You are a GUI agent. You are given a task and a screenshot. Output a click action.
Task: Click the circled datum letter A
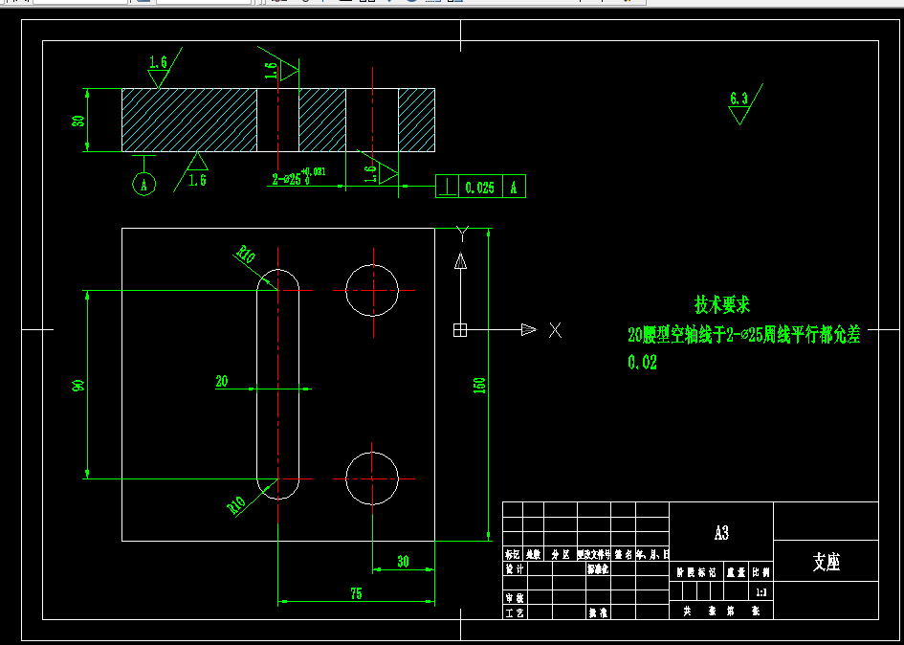point(143,185)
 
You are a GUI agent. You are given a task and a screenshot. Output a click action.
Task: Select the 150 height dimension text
point(480,385)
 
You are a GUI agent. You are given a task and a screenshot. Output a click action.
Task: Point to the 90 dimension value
point(79,385)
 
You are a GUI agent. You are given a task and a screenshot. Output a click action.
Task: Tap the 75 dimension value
point(356,593)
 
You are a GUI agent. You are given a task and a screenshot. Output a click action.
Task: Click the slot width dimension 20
point(222,381)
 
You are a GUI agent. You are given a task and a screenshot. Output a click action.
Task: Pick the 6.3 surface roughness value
point(738,99)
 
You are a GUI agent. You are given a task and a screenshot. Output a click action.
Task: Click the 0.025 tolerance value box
point(479,188)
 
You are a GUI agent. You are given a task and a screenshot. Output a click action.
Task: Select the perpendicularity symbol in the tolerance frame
point(446,188)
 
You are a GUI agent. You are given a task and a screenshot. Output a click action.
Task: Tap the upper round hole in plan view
point(372,290)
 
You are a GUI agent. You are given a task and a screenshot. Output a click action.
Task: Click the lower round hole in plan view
point(372,478)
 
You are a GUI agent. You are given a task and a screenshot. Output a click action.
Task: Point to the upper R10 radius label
point(247,255)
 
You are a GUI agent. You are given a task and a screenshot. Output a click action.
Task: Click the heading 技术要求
point(722,305)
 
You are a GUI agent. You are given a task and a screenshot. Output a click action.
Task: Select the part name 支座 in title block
point(826,562)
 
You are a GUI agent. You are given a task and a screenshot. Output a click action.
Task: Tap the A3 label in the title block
point(721,533)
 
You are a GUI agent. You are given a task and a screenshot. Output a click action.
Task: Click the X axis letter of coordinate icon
point(555,330)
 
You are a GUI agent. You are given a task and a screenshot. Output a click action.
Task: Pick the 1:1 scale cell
point(761,592)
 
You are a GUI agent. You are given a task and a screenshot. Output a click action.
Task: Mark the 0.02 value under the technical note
point(642,363)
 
